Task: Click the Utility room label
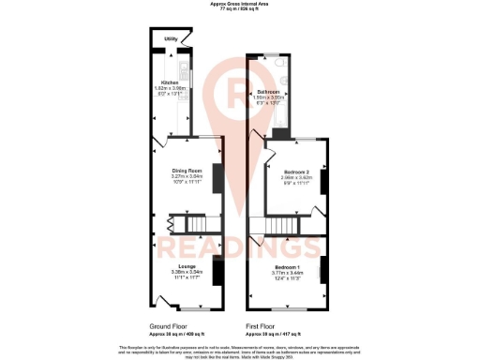pyautogui.click(x=172, y=39)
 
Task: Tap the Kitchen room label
pyautogui.click(x=171, y=82)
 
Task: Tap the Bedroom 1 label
pyautogui.click(x=289, y=268)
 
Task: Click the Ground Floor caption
pyautogui.click(x=172, y=326)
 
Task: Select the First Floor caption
pyautogui.click(x=266, y=326)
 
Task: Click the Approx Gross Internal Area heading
pyautogui.click(x=240, y=4)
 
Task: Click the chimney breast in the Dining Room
pyautogui.click(x=217, y=178)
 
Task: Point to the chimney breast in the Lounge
pyautogui.click(x=217, y=272)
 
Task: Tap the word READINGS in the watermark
pyautogui.click(x=240, y=247)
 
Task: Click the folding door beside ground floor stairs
pyautogui.click(x=170, y=224)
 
